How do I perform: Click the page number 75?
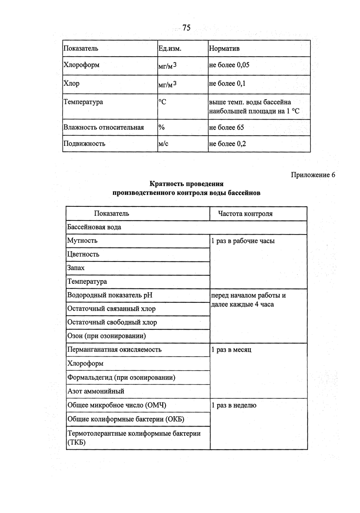[186, 28]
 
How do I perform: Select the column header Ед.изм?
[170, 49]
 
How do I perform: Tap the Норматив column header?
[224, 49]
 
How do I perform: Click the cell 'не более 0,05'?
[229, 65]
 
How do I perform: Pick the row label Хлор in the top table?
[71, 84]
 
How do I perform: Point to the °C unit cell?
[162, 102]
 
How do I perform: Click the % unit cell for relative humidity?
[161, 127]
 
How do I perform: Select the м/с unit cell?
[163, 144]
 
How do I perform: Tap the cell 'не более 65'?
[226, 127]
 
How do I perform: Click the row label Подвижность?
[84, 144]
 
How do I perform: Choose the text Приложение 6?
[313, 175]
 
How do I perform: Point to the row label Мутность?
[82, 240]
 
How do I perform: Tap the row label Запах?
[76, 268]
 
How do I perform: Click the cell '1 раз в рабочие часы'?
[243, 241]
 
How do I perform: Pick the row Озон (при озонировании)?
[106, 336]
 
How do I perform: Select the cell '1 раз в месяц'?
[231, 350]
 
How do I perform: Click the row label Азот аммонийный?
[96, 391]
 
